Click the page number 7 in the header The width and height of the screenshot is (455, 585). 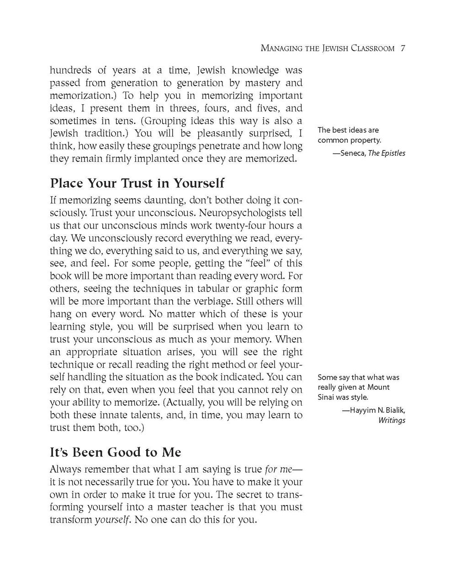click(403, 48)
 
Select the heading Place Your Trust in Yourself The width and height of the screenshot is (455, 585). click(137, 183)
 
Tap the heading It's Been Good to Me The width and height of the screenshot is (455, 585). click(115, 452)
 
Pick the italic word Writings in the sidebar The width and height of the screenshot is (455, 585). click(392, 420)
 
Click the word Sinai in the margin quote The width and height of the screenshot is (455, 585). click(328, 397)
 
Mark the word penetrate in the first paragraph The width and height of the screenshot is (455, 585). click(217, 146)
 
